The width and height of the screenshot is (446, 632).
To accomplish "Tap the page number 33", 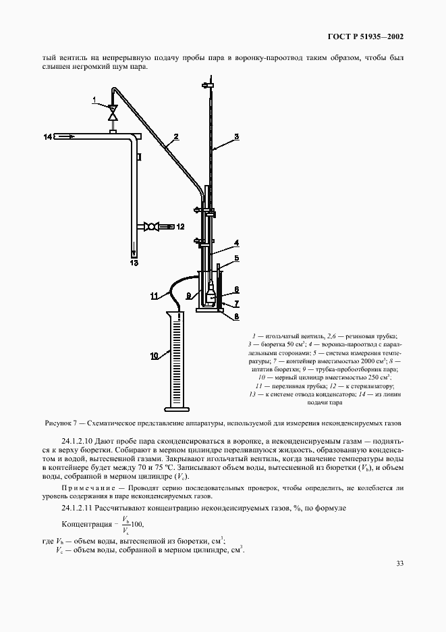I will coord(399,564).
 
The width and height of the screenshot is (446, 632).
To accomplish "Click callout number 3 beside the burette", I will coord(236,137).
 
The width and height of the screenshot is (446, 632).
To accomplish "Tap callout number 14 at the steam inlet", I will coord(48,137).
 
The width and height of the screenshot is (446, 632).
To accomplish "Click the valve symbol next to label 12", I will coord(155,227).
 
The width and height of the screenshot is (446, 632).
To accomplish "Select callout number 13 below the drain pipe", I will coord(134,262).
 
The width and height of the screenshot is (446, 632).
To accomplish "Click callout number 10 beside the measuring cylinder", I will coord(154,354).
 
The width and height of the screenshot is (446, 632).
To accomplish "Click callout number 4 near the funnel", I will coord(236,242).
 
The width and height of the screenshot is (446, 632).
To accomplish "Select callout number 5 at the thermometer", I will coord(236,257).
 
